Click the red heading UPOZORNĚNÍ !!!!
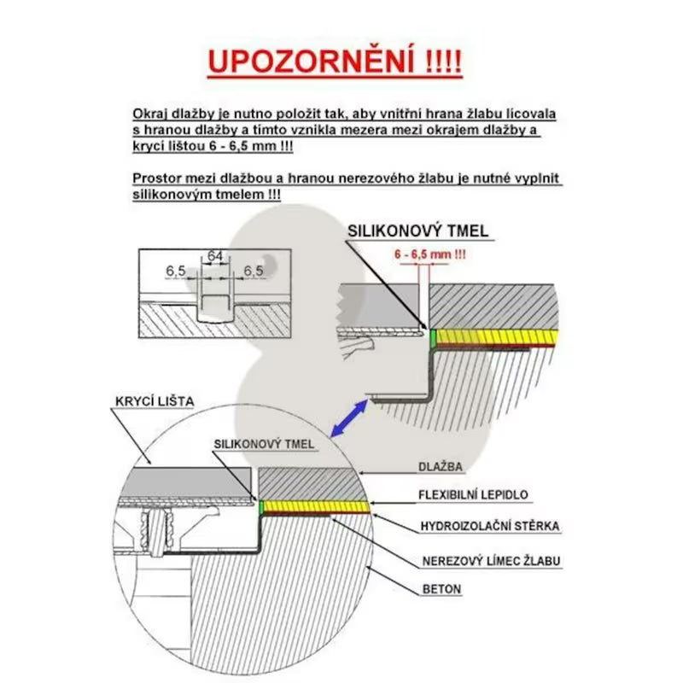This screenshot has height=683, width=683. [335, 62]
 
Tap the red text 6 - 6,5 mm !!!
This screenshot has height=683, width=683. [429, 254]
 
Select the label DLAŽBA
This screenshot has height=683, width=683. [441, 467]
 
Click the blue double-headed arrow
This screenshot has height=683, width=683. [351, 419]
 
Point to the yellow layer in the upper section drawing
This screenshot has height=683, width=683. [495, 336]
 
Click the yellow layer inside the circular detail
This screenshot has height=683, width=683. [316, 507]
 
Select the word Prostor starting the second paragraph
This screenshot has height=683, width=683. [156, 178]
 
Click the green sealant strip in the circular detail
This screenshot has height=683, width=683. [260, 507]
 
